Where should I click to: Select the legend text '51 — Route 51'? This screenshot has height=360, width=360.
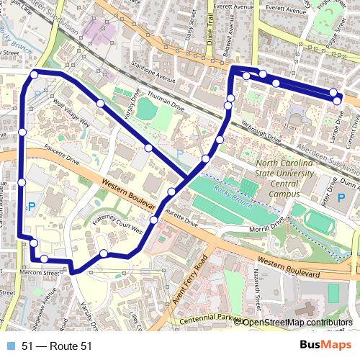coord(57,346)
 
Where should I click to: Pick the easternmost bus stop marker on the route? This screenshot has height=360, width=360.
coord(338,99)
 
